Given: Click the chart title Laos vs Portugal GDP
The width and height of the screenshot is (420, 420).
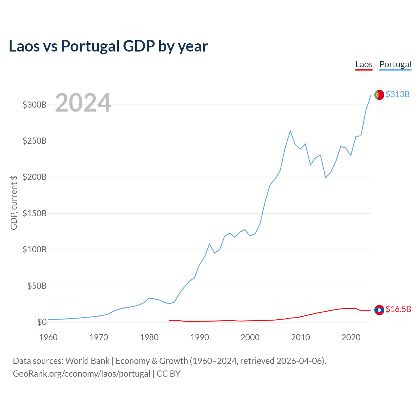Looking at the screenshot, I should click(x=108, y=46).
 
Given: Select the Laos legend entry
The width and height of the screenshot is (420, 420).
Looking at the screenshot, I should click(x=364, y=64).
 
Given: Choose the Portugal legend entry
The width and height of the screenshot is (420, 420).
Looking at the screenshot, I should click(x=395, y=64).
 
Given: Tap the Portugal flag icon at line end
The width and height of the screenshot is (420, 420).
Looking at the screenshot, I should click(x=379, y=94).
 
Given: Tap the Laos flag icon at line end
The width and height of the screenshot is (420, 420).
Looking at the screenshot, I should click(x=379, y=310).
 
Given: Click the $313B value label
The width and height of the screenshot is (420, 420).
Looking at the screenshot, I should click(x=397, y=94).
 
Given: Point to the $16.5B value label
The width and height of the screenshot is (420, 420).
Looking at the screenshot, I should click(x=398, y=309).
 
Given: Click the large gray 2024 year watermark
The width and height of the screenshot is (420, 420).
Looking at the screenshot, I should click(x=83, y=103).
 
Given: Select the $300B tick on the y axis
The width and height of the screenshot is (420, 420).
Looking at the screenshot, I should click(x=34, y=105).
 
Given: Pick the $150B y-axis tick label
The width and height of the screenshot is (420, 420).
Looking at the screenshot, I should click(x=34, y=214).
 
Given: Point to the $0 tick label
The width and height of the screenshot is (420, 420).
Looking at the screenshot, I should click(x=42, y=322).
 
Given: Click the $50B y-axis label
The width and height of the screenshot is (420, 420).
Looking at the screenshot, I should click(x=37, y=286).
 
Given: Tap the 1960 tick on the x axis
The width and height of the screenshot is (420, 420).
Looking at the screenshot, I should click(x=48, y=337).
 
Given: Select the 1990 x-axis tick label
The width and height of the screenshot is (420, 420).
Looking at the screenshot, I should click(x=199, y=337).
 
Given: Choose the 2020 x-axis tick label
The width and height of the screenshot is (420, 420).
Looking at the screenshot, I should click(x=351, y=337).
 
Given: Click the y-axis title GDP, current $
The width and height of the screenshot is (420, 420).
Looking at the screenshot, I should click(x=14, y=202).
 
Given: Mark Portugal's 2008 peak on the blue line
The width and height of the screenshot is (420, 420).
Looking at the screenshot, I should click(x=290, y=131).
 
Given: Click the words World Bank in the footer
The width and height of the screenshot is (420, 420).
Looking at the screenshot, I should click(x=87, y=361).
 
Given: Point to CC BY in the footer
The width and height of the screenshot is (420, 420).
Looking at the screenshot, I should click(x=168, y=374).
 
